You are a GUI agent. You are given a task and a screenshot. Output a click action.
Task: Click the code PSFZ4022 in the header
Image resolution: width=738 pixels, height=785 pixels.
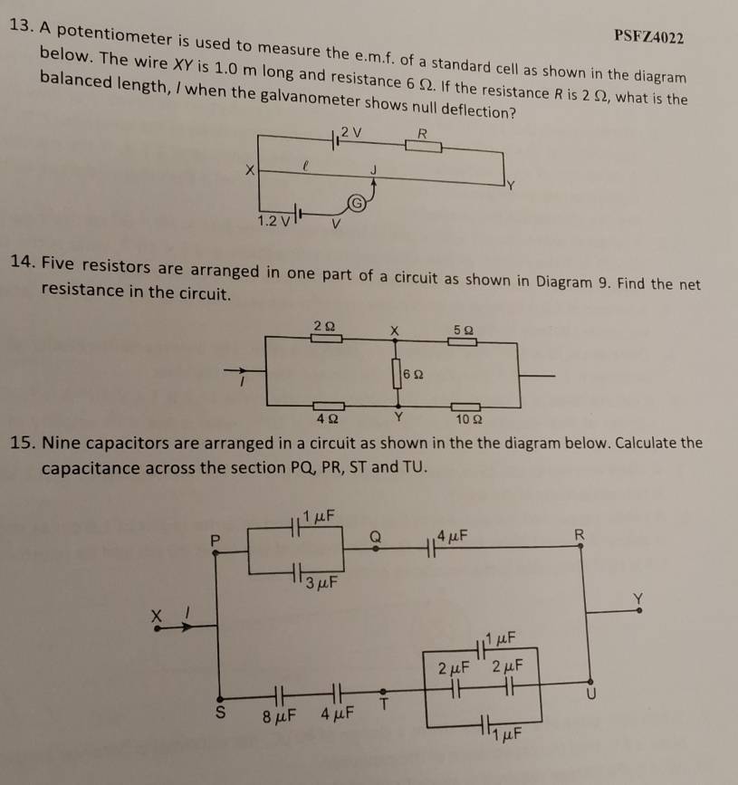click(649, 37)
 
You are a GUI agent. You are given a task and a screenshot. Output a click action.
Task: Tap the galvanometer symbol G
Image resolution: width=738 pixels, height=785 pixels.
click(356, 203)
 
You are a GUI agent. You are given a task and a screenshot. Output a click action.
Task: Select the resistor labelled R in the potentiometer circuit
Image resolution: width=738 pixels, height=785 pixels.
click(423, 146)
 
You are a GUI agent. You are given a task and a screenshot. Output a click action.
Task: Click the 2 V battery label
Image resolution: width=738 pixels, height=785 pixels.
click(351, 133)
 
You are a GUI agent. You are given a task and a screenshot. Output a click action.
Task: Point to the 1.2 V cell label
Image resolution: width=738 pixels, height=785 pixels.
click(273, 221)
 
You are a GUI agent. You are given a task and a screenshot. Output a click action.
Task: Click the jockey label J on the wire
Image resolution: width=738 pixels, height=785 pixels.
click(373, 170)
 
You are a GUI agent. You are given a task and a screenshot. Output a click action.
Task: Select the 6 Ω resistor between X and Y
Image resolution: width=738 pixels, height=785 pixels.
click(397, 373)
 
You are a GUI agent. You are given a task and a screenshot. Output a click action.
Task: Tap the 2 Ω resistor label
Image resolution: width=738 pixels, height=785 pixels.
click(324, 326)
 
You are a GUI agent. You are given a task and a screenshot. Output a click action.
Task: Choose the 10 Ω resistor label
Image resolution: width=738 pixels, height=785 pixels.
click(469, 419)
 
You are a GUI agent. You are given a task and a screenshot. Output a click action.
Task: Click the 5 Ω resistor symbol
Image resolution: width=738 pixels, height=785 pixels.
click(462, 342)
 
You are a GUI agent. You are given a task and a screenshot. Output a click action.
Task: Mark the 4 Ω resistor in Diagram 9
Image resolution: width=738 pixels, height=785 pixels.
click(329, 406)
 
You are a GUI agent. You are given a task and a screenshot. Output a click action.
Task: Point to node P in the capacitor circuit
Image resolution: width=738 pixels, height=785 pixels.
click(216, 552)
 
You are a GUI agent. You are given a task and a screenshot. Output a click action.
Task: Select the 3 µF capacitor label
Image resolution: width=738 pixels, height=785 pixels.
click(321, 583)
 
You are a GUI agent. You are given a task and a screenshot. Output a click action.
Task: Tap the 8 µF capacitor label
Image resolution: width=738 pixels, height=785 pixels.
click(280, 716)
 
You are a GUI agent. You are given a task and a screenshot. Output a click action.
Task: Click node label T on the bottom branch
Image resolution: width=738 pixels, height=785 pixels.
click(384, 704)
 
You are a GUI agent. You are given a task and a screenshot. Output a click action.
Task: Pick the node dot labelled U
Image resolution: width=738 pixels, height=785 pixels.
click(590, 682)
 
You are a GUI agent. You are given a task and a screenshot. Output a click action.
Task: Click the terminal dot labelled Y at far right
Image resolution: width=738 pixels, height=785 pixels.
click(639, 610)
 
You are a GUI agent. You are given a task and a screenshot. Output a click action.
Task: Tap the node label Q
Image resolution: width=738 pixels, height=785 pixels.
click(375, 537)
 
